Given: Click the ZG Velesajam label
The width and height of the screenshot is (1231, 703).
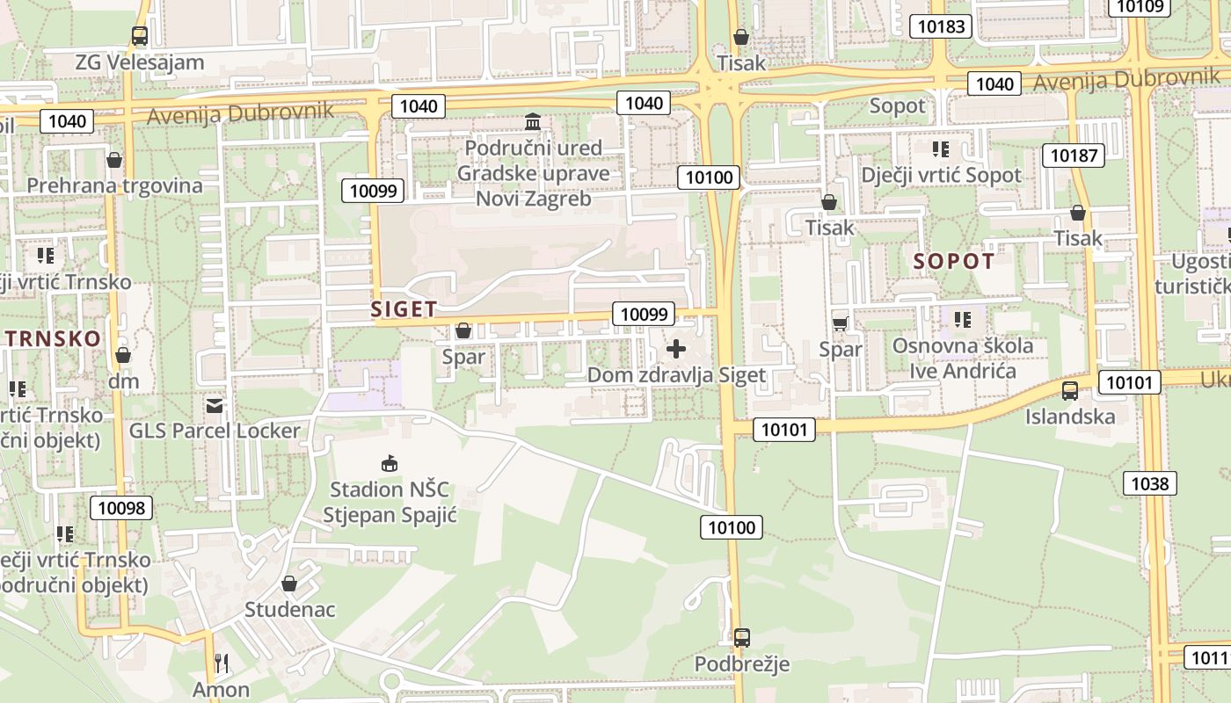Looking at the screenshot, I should coord(140,62).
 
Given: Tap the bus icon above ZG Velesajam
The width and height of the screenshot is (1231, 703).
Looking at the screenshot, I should coord(139,36).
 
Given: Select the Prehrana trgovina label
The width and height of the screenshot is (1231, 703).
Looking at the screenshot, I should coord(114,185).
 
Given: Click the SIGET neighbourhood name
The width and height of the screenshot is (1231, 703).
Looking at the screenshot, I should coord(404,309).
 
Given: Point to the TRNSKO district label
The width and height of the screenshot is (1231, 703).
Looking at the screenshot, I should coord(53,339).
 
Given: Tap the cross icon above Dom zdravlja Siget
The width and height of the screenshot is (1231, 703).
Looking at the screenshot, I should coord(676,350).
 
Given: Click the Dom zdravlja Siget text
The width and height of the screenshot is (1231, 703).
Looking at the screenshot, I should coord(676,375).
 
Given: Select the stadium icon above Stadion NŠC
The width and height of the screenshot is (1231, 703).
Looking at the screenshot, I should coord(389,463).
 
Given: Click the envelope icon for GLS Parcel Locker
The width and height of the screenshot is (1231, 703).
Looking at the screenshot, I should coord(215,405).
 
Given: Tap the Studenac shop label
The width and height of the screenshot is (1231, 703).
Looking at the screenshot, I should coord(289,609).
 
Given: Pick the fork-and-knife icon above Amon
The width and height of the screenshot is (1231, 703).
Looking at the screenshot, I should coord(222,663).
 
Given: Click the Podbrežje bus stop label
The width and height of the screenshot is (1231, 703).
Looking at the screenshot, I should coord(742,663).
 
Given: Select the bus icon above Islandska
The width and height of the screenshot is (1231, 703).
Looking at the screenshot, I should coord(1070,391).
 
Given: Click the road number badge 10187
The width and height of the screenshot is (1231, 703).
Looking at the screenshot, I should coord(1074,156).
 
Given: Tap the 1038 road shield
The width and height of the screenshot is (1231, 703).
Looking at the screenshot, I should coord(1149,482).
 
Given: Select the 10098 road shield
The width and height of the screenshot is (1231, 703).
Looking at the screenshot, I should coord(122,507).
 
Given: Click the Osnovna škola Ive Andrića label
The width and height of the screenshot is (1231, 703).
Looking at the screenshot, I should coord(963,358).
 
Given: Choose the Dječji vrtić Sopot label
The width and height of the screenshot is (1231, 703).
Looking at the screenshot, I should coord(941,175).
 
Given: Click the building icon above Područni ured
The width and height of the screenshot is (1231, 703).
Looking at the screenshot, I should coord(533,121).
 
